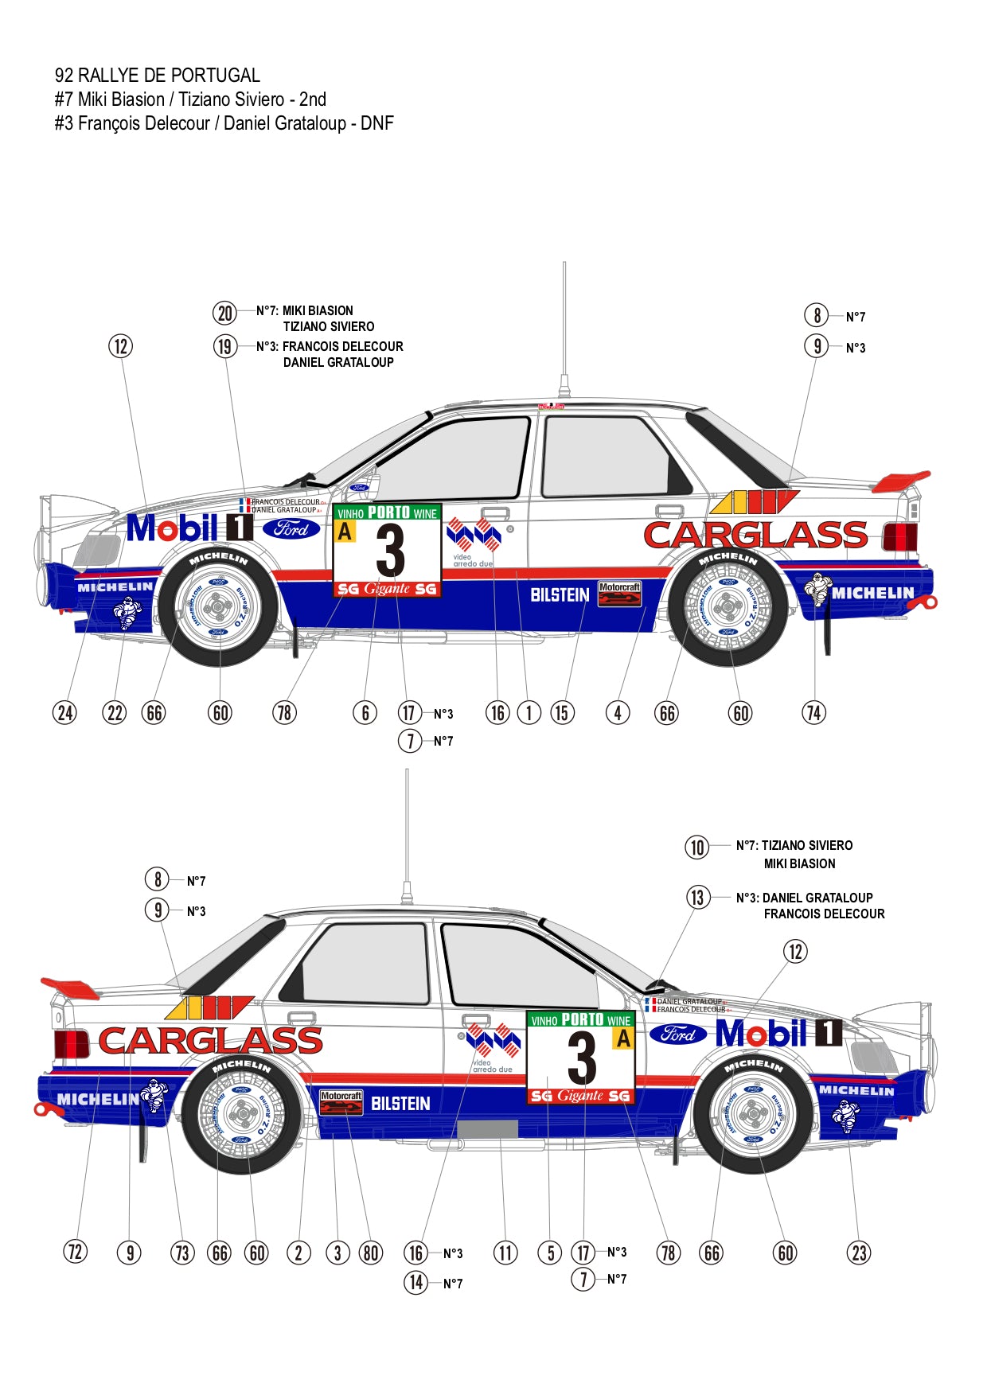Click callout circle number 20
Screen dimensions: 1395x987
[225, 313]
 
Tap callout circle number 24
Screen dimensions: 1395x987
[65, 712]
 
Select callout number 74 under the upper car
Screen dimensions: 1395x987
[813, 712]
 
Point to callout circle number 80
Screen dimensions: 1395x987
[370, 1253]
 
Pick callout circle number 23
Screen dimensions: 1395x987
[859, 1253]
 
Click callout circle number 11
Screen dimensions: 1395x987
[505, 1253]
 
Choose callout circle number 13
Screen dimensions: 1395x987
[697, 898]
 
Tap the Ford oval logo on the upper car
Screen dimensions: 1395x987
[291, 528]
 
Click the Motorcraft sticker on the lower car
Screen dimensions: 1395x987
[341, 1102]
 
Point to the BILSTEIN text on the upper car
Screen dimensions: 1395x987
[560, 595]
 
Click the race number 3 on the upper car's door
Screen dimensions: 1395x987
[390, 551]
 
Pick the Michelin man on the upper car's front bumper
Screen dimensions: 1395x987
[127, 612]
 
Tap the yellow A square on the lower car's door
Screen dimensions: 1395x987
[622, 1038]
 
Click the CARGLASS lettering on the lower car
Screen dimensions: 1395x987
[211, 1041]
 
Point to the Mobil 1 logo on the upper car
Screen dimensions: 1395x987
[189, 528]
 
